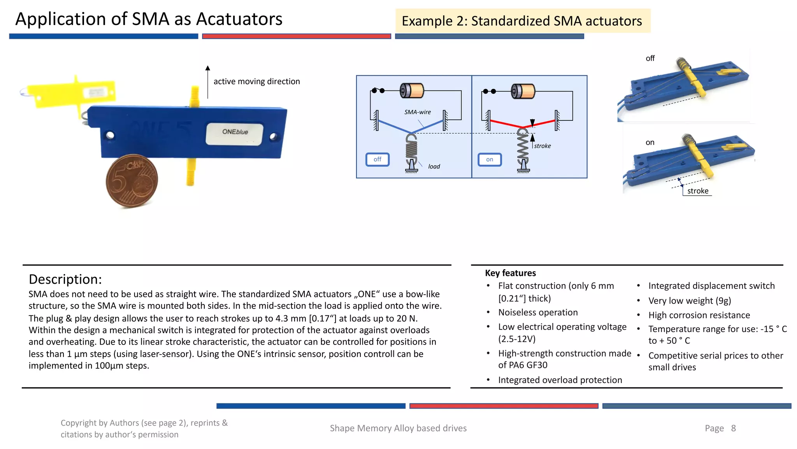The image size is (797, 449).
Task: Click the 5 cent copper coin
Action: pos(132,180)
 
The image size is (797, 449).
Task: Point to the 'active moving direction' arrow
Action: pos(208,82)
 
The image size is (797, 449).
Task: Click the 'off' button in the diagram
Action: pos(377,159)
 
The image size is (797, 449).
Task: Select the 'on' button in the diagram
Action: pos(490,160)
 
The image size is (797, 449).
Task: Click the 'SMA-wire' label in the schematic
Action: pos(418,112)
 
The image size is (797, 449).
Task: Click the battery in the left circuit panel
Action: pos(412,90)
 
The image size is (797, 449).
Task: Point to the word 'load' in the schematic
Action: pos(434,166)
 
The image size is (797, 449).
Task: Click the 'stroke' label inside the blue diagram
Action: pos(542,146)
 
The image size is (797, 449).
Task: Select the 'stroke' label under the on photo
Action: pos(698,191)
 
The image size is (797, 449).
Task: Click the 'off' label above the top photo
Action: pos(650,58)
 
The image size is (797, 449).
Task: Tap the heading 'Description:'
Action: pos(65,279)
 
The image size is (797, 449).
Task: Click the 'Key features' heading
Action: pos(510,273)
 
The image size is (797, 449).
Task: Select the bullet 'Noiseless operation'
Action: pos(538,313)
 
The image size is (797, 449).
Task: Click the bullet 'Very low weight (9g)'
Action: pos(690,301)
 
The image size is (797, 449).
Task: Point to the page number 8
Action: pos(733,428)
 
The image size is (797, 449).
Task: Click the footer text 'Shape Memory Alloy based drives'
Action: pos(398,428)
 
